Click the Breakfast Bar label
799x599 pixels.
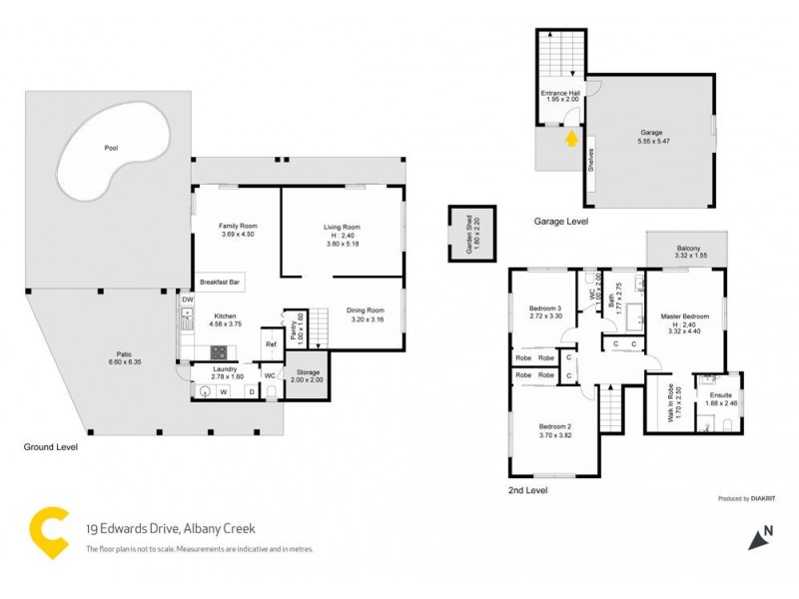(x=220, y=283)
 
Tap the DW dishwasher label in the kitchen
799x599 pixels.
(x=187, y=299)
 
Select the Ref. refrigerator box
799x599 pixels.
(x=270, y=344)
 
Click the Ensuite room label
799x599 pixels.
(x=721, y=395)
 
